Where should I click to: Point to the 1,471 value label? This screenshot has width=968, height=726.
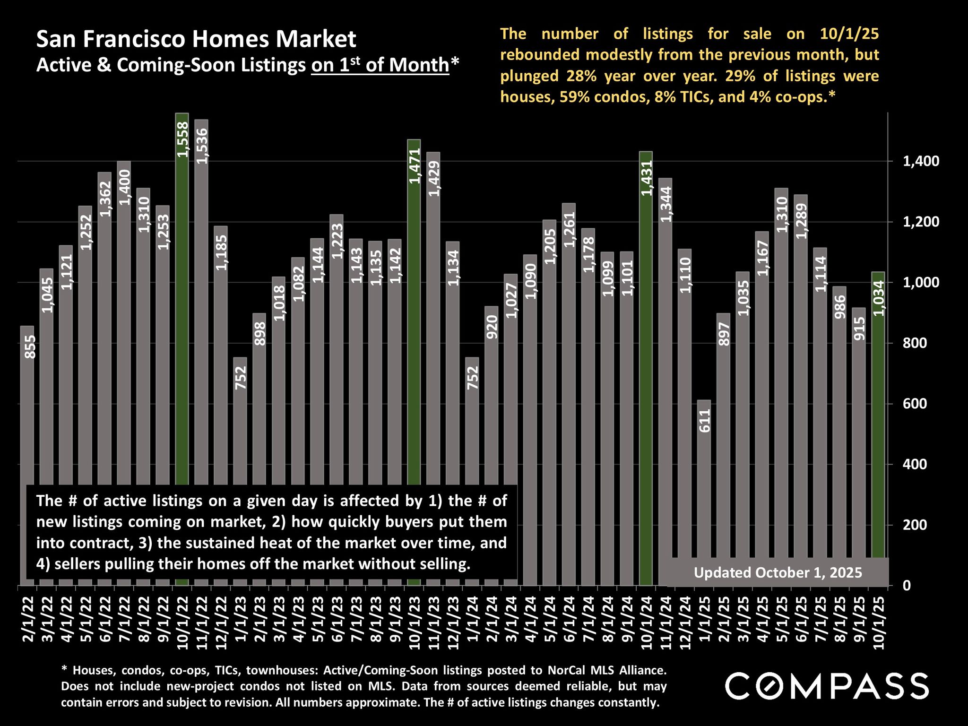tap(415, 165)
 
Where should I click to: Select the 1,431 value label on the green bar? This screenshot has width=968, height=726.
tap(647, 178)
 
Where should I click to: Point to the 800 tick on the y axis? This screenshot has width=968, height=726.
tap(914, 343)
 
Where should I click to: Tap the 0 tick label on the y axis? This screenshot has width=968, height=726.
tap(907, 585)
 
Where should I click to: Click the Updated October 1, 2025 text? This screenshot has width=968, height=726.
tap(778, 573)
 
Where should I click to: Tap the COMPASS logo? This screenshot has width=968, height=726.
tap(827, 686)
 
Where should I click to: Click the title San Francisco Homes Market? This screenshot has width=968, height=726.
tap(196, 39)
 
